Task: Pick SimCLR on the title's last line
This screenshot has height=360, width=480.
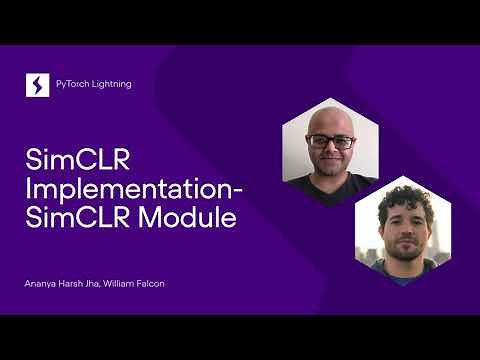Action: click(x=68, y=219)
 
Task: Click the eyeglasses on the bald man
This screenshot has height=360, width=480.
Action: click(x=329, y=141)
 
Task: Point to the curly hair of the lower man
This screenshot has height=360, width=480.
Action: click(x=401, y=198)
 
